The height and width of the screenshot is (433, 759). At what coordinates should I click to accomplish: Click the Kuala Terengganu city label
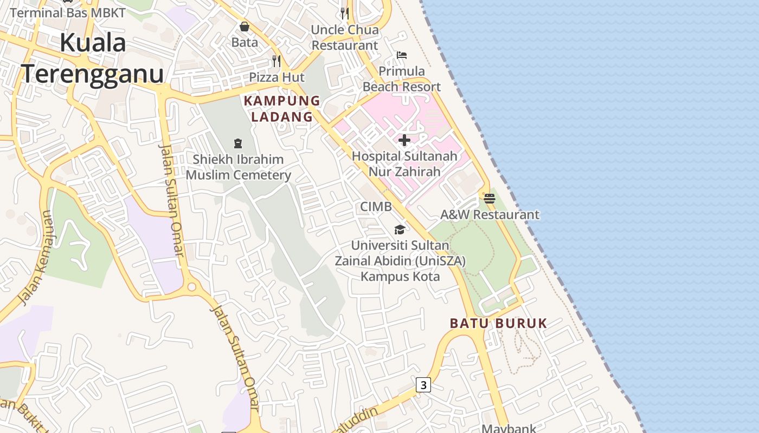[x=92, y=58]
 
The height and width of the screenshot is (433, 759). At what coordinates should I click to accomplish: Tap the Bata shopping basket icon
[x=245, y=27]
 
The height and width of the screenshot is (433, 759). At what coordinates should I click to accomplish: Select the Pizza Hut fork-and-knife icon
[x=276, y=61]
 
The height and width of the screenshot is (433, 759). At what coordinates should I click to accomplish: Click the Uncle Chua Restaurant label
[x=344, y=37]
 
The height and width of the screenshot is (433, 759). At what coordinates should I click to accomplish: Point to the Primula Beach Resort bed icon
[x=402, y=55]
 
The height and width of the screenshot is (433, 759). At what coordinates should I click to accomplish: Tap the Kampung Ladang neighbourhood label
[x=282, y=108]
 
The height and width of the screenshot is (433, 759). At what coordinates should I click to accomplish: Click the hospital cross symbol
[x=404, y=141]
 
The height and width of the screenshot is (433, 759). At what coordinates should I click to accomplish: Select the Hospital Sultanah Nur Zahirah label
[x=404, y=163]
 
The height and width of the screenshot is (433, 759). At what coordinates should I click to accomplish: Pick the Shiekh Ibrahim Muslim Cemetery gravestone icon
[x=237, y=143]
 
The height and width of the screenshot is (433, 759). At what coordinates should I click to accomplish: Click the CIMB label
[x=376, y=206]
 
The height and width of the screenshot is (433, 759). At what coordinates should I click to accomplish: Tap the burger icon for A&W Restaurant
[x=490, y=199]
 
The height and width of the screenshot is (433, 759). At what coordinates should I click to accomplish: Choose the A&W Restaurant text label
[x=490, y=214]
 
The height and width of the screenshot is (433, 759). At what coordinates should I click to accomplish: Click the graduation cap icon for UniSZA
[x=400, y=229]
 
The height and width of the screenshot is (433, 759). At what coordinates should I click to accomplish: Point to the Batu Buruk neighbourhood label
[x=498, y=323]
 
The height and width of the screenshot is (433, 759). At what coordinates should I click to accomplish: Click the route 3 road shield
[x=423, y=385]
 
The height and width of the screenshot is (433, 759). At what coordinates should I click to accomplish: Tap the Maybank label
[x=509, y=428]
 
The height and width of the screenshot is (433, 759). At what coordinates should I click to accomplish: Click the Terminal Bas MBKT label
[x=68, y=12]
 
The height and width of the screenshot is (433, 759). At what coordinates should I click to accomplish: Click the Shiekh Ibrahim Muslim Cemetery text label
[x=238, y=167]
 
